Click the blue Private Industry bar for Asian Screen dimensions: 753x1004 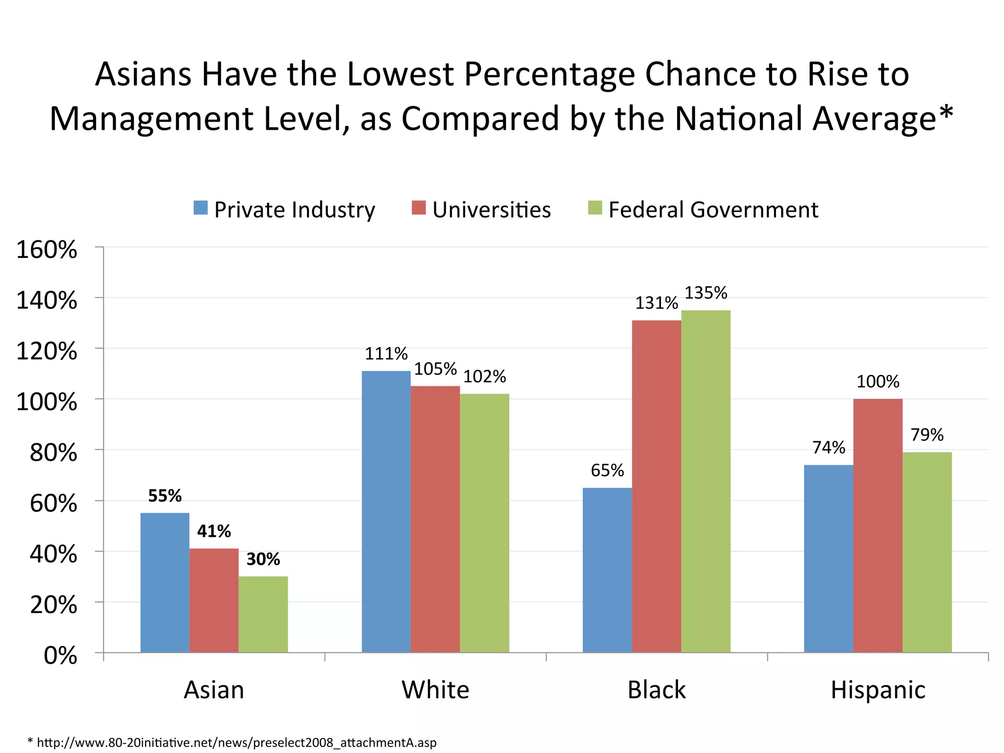tap(165, 582)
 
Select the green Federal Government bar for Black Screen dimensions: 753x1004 tap(705, 481)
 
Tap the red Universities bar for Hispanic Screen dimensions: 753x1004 tap(878, 526)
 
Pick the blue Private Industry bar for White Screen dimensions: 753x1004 tap(386, 511)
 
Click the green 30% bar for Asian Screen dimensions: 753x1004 tap(263, 614)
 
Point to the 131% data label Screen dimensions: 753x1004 tap(656, 303)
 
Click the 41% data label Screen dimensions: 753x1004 tap(214, 531)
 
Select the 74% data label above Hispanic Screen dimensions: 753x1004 tap(828, 448)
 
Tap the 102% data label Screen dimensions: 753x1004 tap(484, 376)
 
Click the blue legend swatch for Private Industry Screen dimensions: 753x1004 tap(201, 208)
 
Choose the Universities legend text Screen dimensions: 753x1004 tap(491, 210)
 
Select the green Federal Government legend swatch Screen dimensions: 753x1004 tap(595, 208)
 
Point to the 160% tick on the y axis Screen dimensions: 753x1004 tap(47, 250)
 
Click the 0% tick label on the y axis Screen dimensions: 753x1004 tap(60, 655)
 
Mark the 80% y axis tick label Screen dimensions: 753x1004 tap(53, 452)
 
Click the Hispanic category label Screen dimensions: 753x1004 tap(878, 690)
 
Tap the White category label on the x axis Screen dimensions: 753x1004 tap(435, 690)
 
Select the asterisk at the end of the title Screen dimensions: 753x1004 tap(946, 114)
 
